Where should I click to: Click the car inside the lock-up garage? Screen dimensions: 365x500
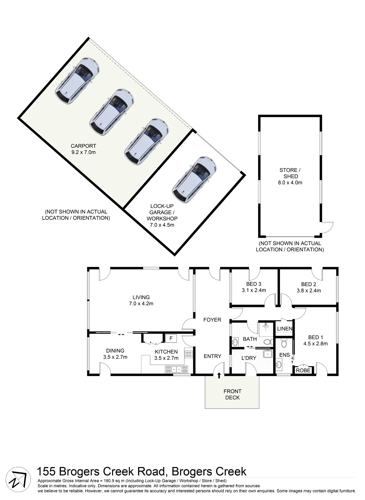click(194, 179)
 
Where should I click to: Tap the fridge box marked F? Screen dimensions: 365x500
click(171, 338)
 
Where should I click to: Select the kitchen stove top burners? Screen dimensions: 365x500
click(188, 354)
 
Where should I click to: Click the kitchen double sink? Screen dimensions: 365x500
click(176, 369)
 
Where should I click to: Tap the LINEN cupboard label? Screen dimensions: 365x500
click(284, 328)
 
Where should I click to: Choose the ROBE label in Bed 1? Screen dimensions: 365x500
click(303, 370)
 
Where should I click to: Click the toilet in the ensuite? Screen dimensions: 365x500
click(284, 343)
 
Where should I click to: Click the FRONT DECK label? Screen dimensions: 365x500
click(232, 394)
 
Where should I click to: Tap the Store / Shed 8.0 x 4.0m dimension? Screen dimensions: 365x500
click(290, 182)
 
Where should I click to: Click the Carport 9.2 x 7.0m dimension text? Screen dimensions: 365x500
click(84, 152)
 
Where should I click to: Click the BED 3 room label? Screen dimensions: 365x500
click(253, 284)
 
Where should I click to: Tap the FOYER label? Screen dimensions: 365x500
click(212, 319)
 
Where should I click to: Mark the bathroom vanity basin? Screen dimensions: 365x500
click(235, 342)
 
